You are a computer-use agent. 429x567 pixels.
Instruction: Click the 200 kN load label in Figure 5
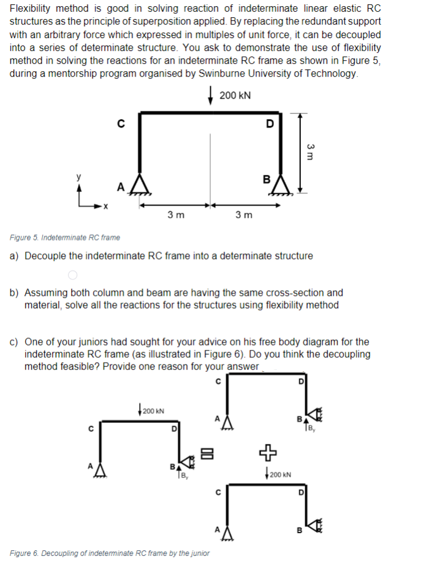(x=235, y=96)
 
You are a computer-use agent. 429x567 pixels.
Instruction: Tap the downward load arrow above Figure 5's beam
(x=211, y=98)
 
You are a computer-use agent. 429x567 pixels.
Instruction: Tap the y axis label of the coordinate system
(x=77, y=177)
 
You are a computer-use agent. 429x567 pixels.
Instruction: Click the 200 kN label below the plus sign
(x=280, y=474)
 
